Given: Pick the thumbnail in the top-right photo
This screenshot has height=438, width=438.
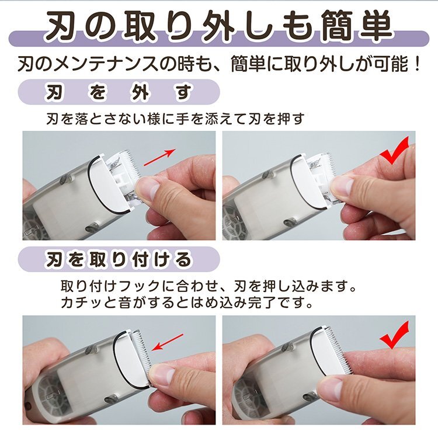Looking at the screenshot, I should tap(343, 186).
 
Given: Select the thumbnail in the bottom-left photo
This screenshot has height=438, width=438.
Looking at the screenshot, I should tap(161, 374).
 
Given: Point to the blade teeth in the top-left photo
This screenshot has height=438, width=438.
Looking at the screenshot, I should tap(127, 161).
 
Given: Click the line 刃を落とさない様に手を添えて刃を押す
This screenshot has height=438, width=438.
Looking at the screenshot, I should tap(175, 119).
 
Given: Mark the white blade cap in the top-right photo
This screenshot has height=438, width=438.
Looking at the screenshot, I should tap(310, 181).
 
